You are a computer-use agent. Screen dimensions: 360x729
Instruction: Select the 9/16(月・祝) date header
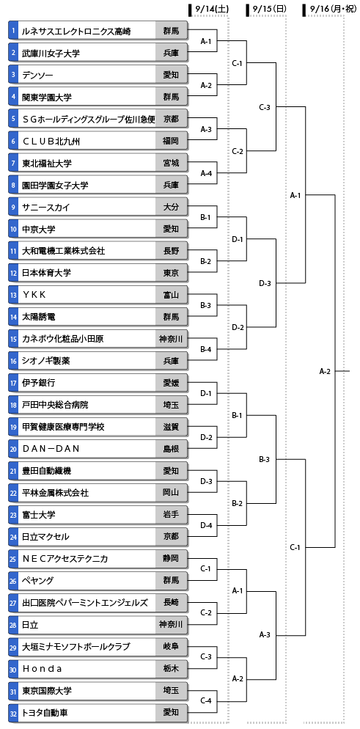coord(328,8)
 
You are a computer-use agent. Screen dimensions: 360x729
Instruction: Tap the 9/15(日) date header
coord(269,8)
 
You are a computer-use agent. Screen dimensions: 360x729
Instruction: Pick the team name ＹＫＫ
coord(34,295)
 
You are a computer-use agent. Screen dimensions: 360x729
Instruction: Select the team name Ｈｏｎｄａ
coord(42,669)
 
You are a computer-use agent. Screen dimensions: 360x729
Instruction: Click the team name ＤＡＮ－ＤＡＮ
coord(51,449)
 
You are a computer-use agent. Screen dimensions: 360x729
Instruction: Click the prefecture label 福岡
coord(171,141)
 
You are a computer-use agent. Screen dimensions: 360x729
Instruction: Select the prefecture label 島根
coord(171,449)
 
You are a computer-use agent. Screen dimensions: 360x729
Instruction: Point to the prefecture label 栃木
coord(171,669)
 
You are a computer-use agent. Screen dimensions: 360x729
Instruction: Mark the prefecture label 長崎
coord(171,603)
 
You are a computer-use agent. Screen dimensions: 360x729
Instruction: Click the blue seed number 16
coord(14,361)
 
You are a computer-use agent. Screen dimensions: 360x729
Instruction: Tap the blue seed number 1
coord(14,31)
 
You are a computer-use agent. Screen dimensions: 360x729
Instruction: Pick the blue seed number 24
coord(14,537)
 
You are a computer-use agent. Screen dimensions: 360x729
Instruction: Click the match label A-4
coord(206,173)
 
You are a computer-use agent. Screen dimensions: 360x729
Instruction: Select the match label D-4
coord(206,525)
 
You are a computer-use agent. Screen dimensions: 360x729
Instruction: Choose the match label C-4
coord(206,701)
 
